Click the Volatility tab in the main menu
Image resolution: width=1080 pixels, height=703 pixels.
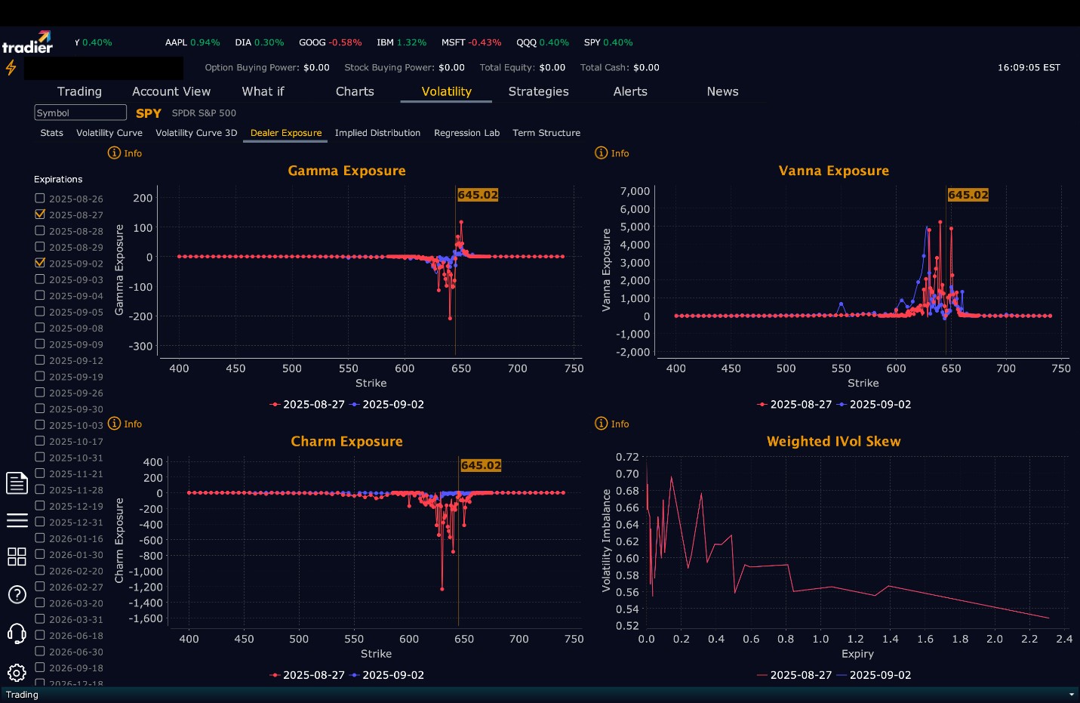click(446, 91)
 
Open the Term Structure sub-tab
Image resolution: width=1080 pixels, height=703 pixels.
click(546, 133)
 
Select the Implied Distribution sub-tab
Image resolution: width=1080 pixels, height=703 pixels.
click(377, 133)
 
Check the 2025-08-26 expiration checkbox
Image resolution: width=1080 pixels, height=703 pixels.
click(40, 198)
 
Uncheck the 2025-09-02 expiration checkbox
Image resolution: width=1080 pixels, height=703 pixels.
click(40, 263)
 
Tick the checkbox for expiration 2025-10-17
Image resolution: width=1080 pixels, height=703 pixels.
click(40, 441)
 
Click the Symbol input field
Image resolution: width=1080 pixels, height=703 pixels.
click(80, 113)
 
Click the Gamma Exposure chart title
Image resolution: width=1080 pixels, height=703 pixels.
click(346, 171)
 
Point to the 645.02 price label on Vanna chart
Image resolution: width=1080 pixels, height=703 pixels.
click(968, 195)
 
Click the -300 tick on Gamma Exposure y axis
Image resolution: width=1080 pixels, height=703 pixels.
click(141, 347)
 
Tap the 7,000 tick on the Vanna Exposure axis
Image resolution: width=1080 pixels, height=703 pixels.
click(635, 191)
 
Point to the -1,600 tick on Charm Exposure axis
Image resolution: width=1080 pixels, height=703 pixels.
click(146, 618)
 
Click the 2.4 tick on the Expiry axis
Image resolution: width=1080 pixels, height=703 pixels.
click(1064, 639)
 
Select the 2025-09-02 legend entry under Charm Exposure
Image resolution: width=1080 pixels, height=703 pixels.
click(388, 675)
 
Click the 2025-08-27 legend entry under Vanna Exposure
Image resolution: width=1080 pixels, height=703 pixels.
click(795, 405)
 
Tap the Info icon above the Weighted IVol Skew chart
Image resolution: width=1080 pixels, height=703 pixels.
click(602, 424)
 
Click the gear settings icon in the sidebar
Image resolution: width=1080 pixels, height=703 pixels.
click(17, 672)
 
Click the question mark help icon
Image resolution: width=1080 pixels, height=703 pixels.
click(17, 594)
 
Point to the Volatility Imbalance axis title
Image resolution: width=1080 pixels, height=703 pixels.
click(606, 540)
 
